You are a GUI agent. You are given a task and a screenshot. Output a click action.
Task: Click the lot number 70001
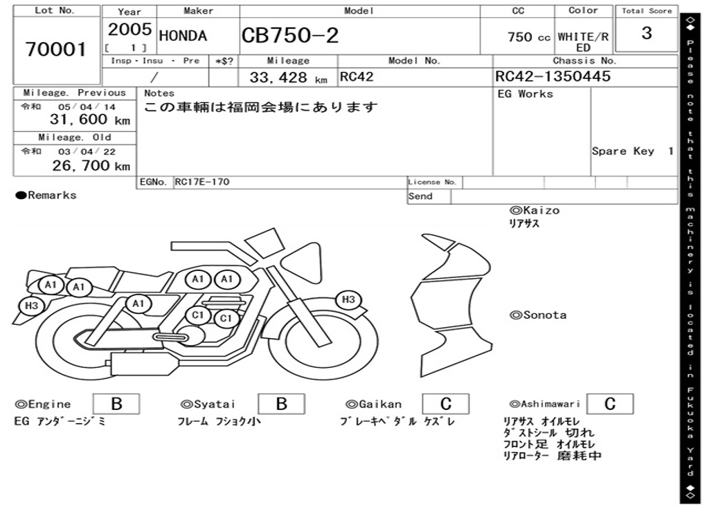point(55,49)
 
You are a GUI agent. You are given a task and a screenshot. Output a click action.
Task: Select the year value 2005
point(129,29)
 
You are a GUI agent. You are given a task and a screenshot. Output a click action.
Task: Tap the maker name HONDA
point(183,36)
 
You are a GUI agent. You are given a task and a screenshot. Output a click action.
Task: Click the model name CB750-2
point(290,35)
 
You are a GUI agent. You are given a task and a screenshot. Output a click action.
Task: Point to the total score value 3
point(647,33)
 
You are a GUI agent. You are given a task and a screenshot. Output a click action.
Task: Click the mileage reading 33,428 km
point(288,77)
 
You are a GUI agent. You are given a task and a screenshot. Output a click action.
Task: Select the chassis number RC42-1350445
point(553,76)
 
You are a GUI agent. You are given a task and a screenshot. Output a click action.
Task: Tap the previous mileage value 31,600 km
point(89,120)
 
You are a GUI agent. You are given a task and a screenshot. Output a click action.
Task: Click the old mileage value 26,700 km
point(91,166)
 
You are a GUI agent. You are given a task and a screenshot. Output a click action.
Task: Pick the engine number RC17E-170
point(202,182)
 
